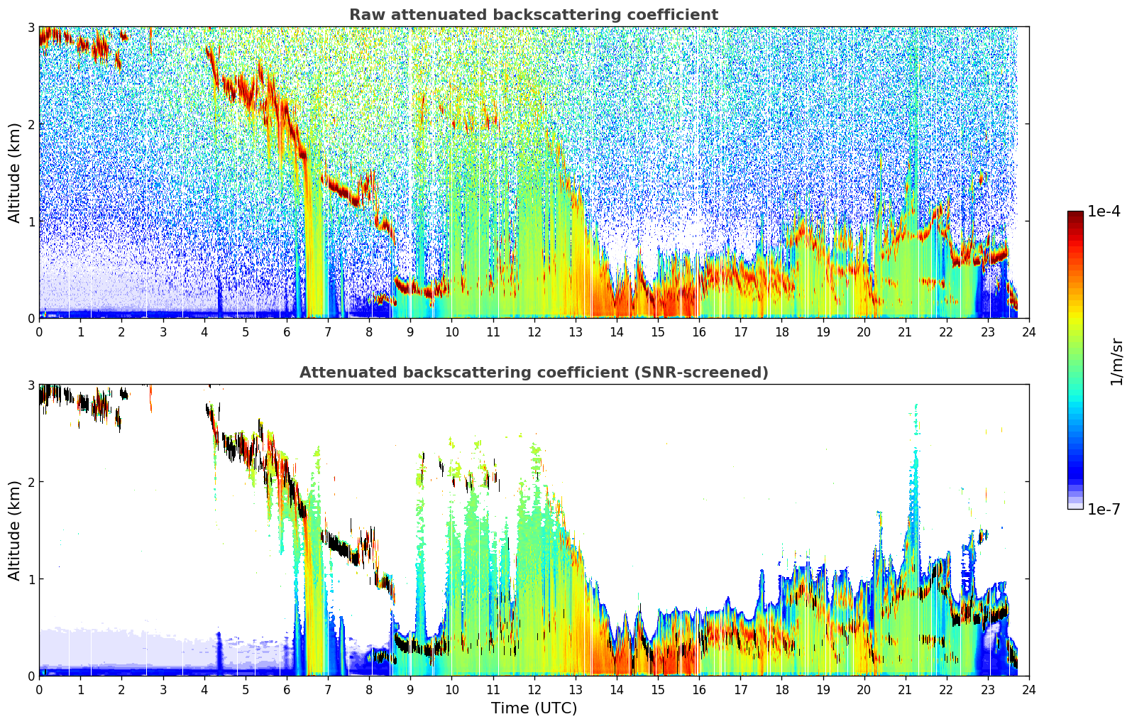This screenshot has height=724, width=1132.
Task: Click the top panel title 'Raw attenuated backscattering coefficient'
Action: pyautogui.click(x=534, y=15)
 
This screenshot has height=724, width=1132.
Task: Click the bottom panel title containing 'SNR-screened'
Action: pyautogui.click(x=534, y=373)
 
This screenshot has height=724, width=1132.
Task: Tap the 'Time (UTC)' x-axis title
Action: pyautogui.click(x=534, y=708)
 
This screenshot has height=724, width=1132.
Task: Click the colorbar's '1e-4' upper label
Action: pyautogui.click(x=1104, y=212)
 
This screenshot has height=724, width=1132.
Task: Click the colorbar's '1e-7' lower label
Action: pyautogui.click(x=1104, y=509)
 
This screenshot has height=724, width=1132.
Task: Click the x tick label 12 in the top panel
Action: pyautogui.click(x=534, y=332)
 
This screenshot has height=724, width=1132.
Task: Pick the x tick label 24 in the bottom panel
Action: pyautogui.click(x=1029, y=690)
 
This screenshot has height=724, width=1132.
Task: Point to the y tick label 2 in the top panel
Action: pyautogui.click(x=31, y=124)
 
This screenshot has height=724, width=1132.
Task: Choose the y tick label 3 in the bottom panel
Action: pyautogui.click(x=31, y=385)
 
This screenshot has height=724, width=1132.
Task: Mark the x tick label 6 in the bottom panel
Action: pyautogui.click(x=287, y=690)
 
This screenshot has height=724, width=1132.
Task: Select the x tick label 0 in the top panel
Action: pyautogui.click(x=40, y=332)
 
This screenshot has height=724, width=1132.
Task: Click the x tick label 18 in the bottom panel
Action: pyautogui.click(x=782, y=690)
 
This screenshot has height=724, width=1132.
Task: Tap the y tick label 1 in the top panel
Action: pyautogui.click(x=31, y=221)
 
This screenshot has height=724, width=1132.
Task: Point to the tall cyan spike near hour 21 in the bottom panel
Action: pyautogui.click(x=916, y=486)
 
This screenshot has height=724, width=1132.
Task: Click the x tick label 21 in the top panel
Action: pyautogui.click(x=905, y=332)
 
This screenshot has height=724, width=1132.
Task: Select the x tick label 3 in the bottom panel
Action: pyautogui.click(x=163, y=690)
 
